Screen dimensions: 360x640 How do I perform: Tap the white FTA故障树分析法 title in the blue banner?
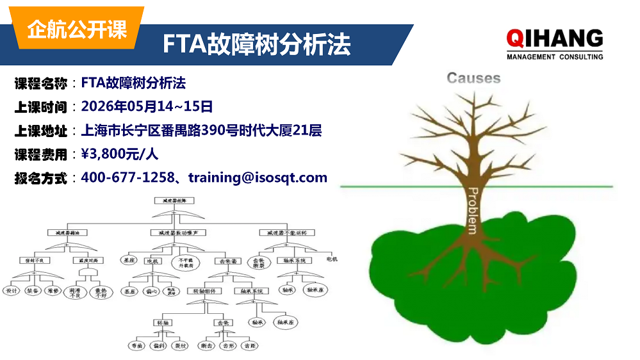256,44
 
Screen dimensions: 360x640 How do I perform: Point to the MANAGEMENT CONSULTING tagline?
555,57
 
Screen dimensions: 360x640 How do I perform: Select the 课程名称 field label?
40,83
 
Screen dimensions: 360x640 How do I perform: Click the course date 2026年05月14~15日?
147,106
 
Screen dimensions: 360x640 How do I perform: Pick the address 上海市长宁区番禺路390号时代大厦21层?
201,131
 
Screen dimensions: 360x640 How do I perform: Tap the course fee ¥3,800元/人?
120,154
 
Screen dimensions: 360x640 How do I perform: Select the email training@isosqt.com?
258,177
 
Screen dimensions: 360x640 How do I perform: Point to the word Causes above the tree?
473,78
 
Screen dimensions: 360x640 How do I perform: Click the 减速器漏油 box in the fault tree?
67,232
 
